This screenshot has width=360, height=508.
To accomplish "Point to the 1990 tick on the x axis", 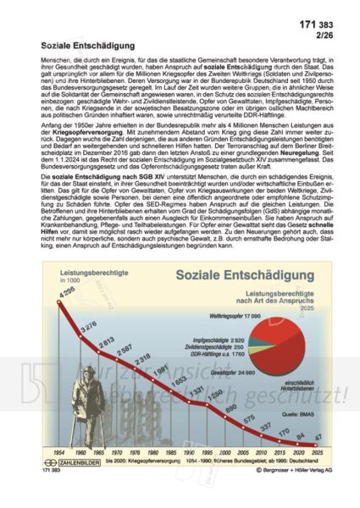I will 195,476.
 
